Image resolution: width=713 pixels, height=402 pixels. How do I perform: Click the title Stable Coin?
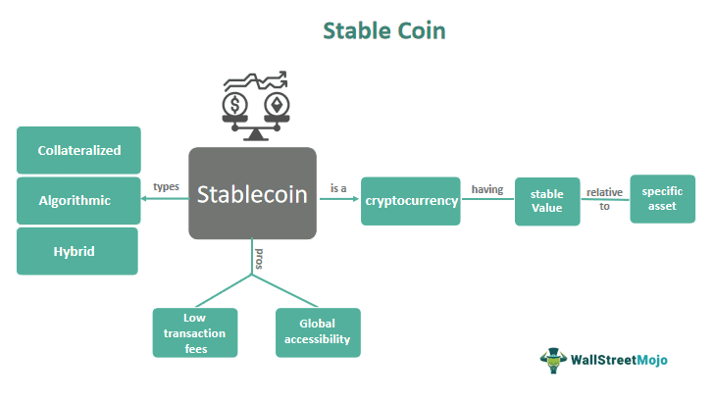coord(384,31)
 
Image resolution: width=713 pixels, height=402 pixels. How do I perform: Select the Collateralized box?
coord(79,151)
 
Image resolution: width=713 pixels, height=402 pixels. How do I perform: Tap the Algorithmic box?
coord(79,201)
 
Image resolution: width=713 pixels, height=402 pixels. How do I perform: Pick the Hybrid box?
coord(79,251)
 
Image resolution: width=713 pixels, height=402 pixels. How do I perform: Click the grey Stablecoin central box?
coord(252,193)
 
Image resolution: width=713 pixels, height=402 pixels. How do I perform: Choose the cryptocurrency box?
coord(411,200)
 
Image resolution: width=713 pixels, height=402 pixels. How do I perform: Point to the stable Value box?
coord(547,201)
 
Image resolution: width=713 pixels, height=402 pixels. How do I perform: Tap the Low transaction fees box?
coord(194,332)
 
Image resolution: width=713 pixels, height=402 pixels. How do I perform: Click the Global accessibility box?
coord(318,332)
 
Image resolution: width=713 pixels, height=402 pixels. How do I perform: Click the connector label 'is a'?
coord(337,187)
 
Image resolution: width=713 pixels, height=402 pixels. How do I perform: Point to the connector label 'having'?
coord(487,188)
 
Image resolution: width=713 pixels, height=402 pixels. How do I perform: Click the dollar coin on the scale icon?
coord(235,104)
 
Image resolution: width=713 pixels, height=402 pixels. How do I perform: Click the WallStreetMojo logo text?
coord(618,360)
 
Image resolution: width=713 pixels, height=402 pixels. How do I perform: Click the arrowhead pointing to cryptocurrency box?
coord(354,200)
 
